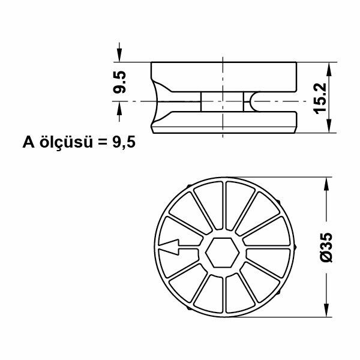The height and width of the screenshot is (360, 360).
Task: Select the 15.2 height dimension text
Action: click(319, 97)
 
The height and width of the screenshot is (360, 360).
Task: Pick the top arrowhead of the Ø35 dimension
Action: click(328, 183)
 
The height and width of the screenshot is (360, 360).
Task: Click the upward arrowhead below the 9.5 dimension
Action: click(120, 108)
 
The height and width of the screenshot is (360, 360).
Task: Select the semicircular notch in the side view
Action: click(255, 102)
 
